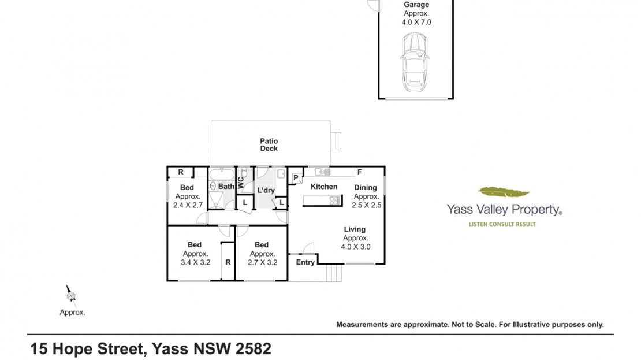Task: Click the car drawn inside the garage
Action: pos(415,62)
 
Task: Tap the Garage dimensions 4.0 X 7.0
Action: pos(416,23)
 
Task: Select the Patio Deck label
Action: pos(269,145)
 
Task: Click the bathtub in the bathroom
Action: pos(222,175)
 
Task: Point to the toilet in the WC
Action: pos(244,173)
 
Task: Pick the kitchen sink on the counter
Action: pos(323,172)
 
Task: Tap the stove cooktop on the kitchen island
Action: pos(335,201)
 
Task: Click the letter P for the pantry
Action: pos(296,178)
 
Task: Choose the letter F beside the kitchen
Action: pos(359,172)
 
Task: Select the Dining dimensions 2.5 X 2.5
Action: pos(367,205)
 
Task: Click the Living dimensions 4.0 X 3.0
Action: pos(356,247)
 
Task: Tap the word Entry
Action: pos(305,262)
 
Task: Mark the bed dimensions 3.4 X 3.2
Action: pos(195,263)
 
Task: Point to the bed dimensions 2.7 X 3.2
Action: pos(262,263)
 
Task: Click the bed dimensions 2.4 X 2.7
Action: pos(188,205)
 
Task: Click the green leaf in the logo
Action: pos(504,191)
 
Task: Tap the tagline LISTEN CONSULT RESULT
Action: pos(502,224)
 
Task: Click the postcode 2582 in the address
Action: pos(254,349)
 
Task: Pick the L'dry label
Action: pos(266,190)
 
